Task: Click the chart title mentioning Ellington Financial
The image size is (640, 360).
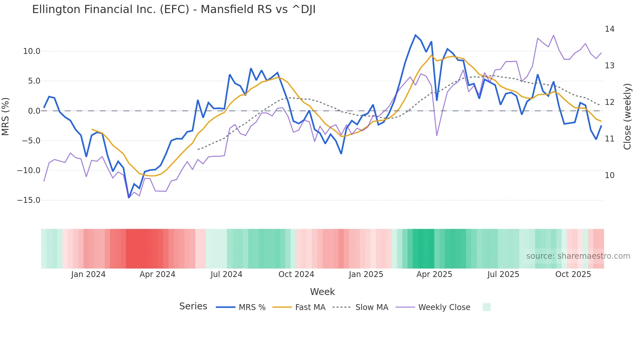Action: pos(174,9)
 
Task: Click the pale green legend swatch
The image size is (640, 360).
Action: pos(487,307)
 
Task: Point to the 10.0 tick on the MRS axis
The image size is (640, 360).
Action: pos(32,51)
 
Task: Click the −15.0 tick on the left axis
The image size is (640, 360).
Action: pos(29,200)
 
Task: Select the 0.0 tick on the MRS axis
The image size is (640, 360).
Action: pos(34,111)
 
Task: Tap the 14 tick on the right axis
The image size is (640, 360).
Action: pos(609,29)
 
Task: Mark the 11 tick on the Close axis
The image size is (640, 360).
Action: pos(609,139)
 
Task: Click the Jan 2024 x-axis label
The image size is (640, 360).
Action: pos(88,274)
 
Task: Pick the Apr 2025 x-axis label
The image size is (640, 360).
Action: pos(434,274)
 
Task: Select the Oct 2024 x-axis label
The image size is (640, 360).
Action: pos(296,274)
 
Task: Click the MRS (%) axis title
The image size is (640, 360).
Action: pos(6,116)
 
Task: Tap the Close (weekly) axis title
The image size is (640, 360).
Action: pos(627,116)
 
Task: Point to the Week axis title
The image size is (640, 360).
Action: pos(322,292)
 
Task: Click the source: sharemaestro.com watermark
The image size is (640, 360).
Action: pos(578,256)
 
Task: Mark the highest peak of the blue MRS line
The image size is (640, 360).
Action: pos(415,35)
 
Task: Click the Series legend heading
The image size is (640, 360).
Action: pos(193,306)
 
